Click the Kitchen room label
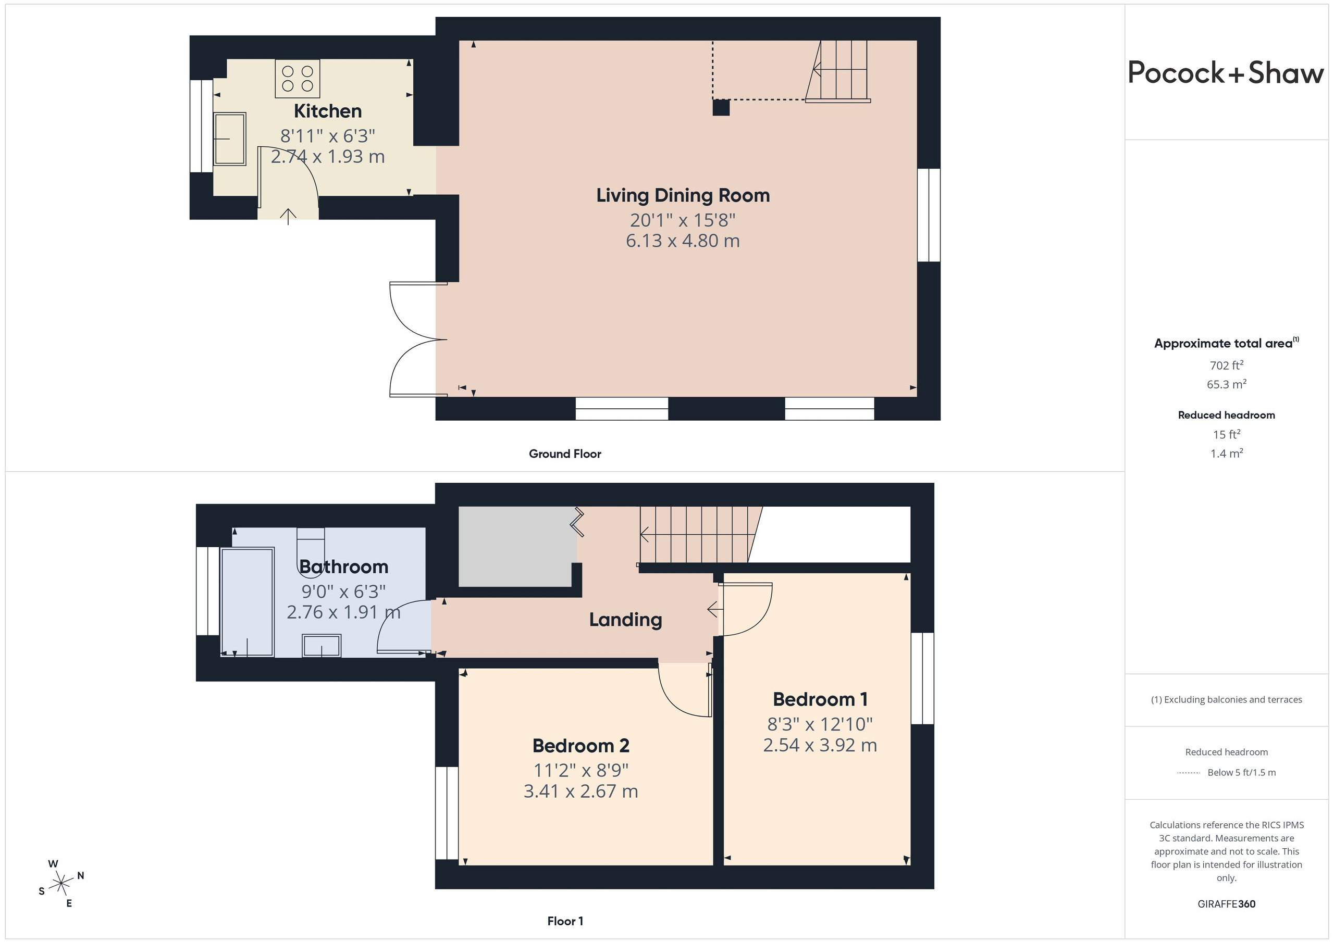(328, 111)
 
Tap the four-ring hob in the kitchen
(298, 79)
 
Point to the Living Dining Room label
(683, 196)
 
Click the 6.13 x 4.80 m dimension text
(683, 241)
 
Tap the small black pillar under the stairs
(721, 108)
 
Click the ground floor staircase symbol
(837, 71)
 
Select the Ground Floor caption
(565, 454)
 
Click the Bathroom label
(343, 567)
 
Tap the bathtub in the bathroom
(248, 602)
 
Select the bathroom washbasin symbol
(322, 646)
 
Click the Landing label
(626, 620)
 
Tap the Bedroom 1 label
(820, 700)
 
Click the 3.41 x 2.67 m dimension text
(580, 791)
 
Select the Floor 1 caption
(565, 921)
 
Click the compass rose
(61, 884)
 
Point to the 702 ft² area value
(1227, 365)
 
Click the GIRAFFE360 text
(1227, 904)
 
